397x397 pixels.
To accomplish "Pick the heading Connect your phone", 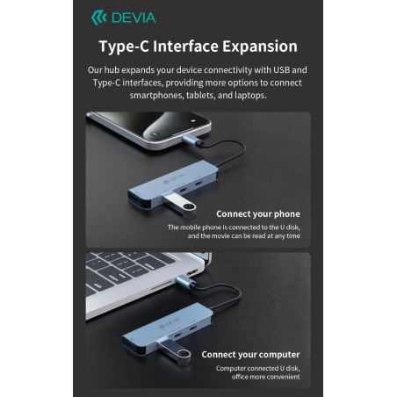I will pyautogui.click(x=257, y=213).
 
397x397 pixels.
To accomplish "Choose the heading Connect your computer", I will pyautogui.click(x=250, y=355).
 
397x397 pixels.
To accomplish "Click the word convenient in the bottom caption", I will pyautogui.click(x=281, y=377).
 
